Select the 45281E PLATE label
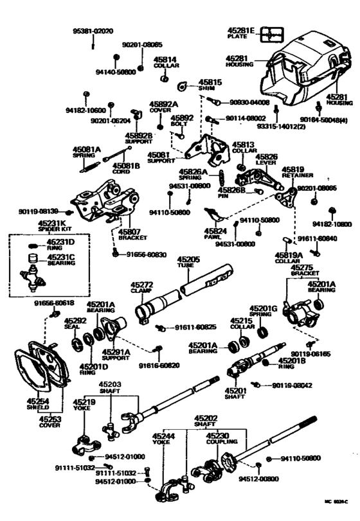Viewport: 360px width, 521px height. point(241,33)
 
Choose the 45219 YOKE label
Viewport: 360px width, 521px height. point(84,405)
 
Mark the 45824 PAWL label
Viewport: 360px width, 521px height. point(213,234)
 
